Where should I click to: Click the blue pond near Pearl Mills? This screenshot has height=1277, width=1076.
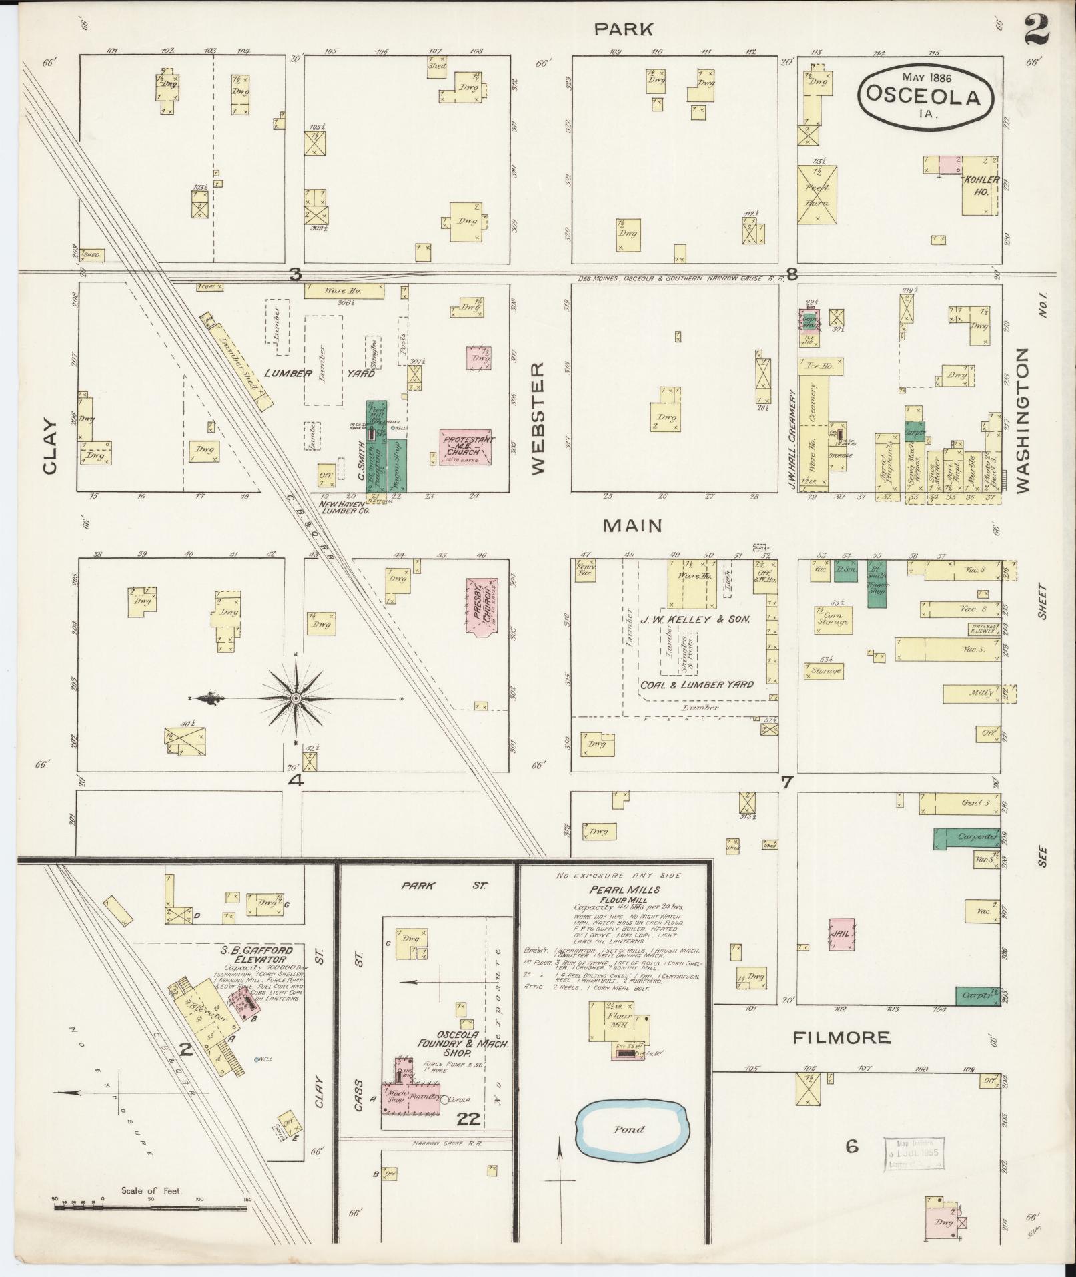(630, 1129)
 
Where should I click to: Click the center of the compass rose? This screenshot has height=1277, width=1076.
(296, 698)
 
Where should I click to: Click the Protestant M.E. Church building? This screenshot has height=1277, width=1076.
(465, 447)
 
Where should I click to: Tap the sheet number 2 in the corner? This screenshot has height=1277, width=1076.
(1035, 29)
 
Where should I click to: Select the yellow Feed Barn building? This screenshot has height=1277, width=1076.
(817, 194)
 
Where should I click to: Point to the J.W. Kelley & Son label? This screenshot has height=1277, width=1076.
(696, 619)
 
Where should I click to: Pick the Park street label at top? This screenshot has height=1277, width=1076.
(624, 29)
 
